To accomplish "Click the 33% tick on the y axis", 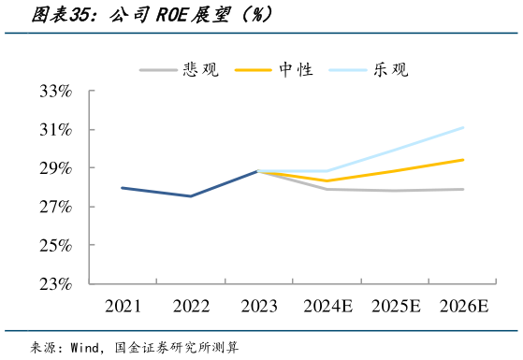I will click(56, 92).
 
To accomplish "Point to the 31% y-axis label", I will click(56, 130).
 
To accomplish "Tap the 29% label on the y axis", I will click(56, 168).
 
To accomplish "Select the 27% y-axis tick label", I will click(56, 207).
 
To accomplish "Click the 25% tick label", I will click(56, 246).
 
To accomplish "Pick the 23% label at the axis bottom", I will click(56, 284).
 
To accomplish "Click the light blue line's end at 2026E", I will click(463, 127).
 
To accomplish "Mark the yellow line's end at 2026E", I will click(463, 160).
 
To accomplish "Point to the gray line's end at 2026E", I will click(463, 190).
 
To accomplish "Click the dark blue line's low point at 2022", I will click(190, 196).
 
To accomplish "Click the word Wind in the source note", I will click(89, 347).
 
